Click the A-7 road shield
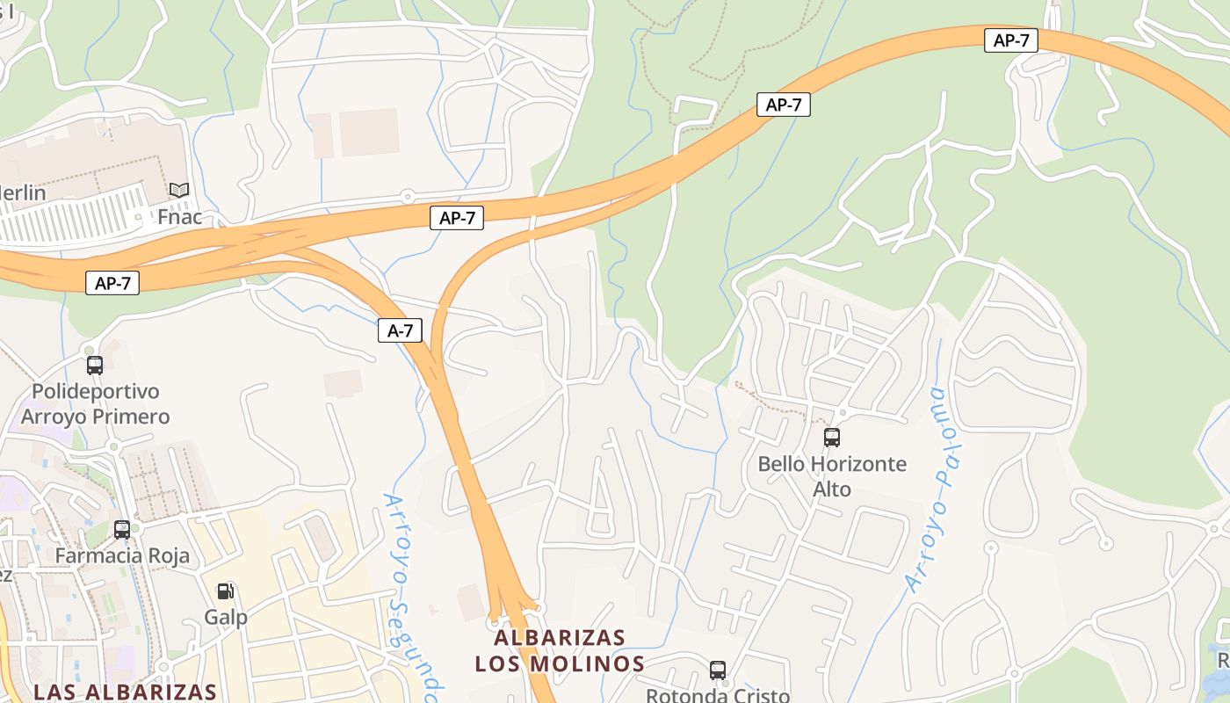400,330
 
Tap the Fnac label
179,216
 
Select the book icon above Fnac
179,190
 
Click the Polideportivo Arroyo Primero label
95,403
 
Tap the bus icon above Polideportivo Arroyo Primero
95,365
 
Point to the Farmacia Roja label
122,556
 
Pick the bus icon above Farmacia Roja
122,529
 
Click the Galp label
226,617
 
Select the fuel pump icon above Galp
226,591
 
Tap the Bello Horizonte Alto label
832,475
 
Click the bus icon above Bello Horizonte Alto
831,437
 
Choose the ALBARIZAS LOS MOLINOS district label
560,650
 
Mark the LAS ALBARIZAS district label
125,692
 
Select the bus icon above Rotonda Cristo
718,670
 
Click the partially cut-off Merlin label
23,192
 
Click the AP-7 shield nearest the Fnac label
112,283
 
